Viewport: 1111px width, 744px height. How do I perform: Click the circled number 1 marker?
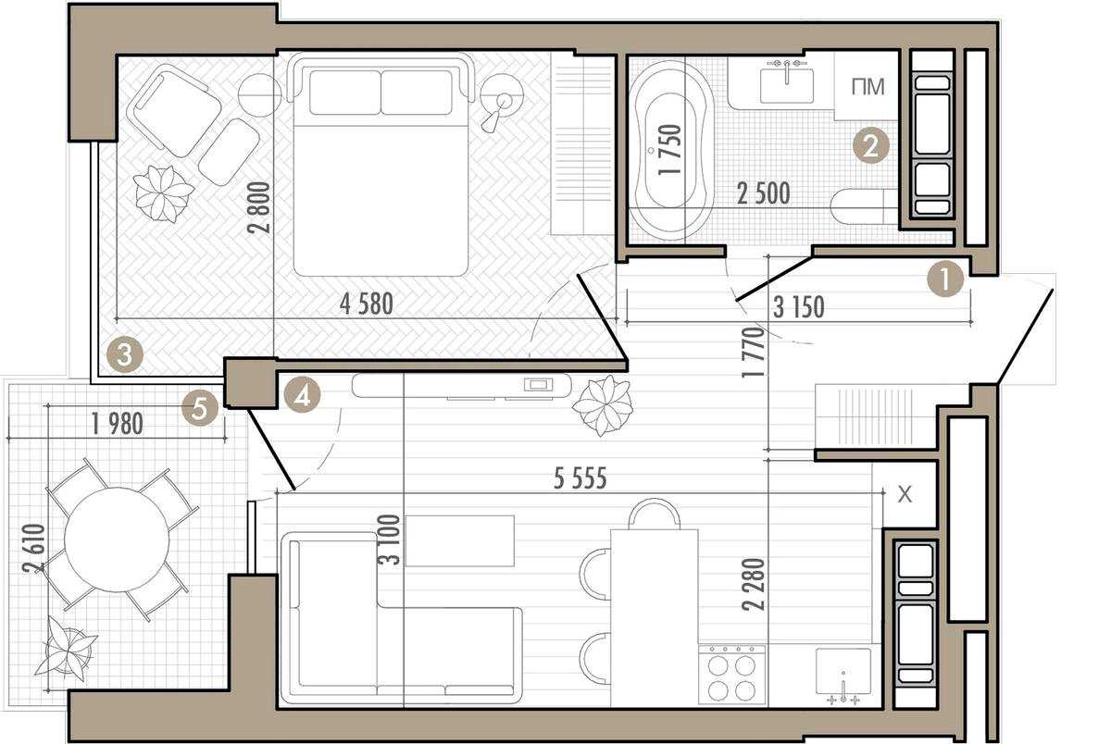pyautogui.click(x=946, y=279)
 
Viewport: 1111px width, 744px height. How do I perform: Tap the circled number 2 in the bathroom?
pyautogui.click(x=871, y=146)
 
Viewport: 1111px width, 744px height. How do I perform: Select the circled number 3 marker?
pyautogui.click(x=124, y=355)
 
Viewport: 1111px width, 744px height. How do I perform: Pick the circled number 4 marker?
pyautogui.click(x=302, y=395)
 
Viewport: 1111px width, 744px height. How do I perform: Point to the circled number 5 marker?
pyautogui.click(x=199, y=409)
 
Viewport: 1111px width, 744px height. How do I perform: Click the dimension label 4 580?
pyautogui.click(x=367, y=304)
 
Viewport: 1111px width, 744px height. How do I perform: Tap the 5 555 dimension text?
pyautogui.click(x=580, y=478)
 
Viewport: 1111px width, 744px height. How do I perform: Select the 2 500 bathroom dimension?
pyautogui.click(x=763, y=193)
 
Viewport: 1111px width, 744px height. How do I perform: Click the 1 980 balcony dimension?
pyautogui.click(x=118, y=424)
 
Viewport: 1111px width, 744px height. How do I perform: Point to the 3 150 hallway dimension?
pyautogui.click(x=798, y=307)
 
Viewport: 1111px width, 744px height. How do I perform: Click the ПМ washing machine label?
pyautogui.click(x=868, y=87)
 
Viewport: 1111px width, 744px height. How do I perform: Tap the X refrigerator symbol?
pyautogui.click(x=905, y=494)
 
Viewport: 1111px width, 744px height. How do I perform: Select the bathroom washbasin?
pyautogui.click(x=787, y=85)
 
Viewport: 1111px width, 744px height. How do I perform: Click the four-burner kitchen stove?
pyautogui.click(x=731, y=674)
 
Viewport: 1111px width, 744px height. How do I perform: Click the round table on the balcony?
pyautogui.click(x=117, y=539)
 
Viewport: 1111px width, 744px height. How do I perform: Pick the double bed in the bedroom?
pyautogui.click(x=381, y=166)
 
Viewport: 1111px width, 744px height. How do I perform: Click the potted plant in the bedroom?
pyautogui.click(x=163, y=193)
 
